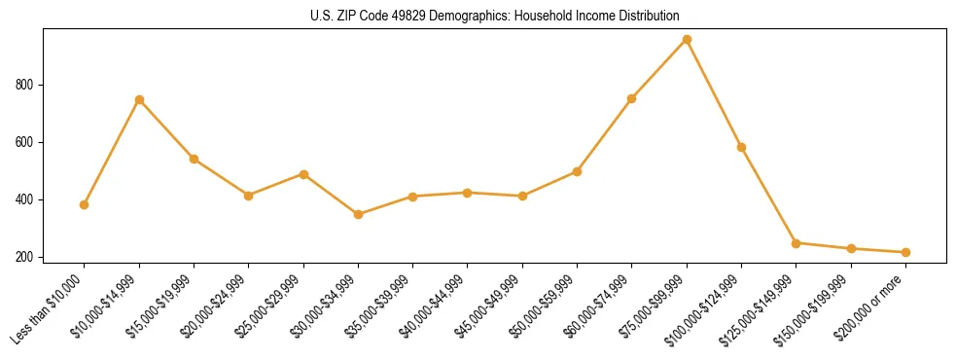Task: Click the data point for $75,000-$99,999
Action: pyautogui.click(x=687, y=40)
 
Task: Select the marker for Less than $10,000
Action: pyautogui.click(x=85, y=204)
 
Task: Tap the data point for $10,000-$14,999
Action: pyautogui.click(x=139, y=99)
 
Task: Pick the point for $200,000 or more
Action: pyautogui.click(x=905, y=252)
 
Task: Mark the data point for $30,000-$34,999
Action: pyautogui.click(x=358, y=214)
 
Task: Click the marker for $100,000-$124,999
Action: pyautogui.click(x=741, y=147)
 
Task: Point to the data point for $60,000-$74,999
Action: pyautogui.click(x=632, y=98)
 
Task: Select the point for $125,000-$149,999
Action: pyautogui.click(x=796, y=243)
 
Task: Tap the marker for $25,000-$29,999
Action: pyautogui.click(x=303, y=174)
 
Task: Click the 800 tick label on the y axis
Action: pyautogui.click(x=25, y=86)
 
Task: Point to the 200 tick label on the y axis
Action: pyautogui.click(x=25, y=258)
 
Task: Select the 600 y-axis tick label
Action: pyautogui.click(x=25, y=143)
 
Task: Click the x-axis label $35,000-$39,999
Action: pyautogui.click(x=380, y=307)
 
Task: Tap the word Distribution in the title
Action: pyautogui.click(x=650, y=17)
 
